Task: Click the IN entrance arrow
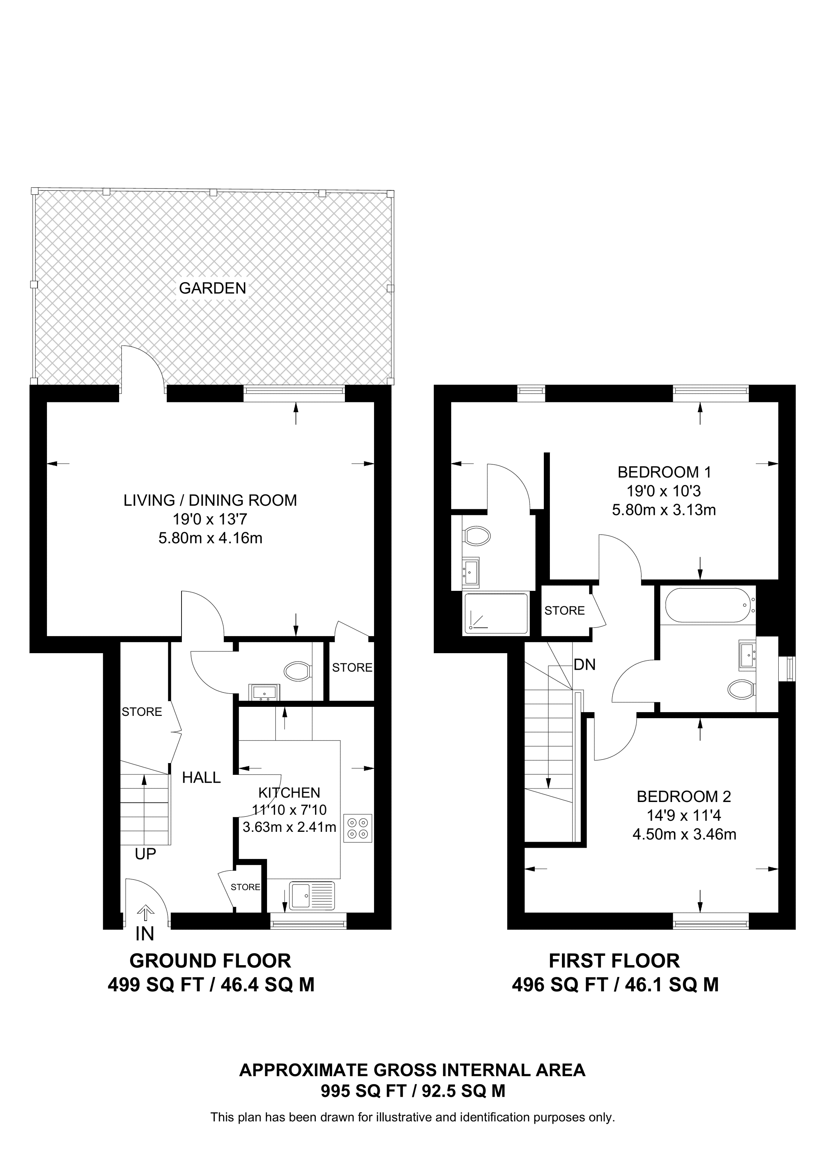(146, 913)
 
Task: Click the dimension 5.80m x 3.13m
(664, 510)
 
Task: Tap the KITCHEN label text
(289, 793)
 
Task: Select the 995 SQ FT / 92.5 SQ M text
(413, 1091)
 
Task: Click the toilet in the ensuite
(476, 537)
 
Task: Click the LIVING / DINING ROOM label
(210, 501)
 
